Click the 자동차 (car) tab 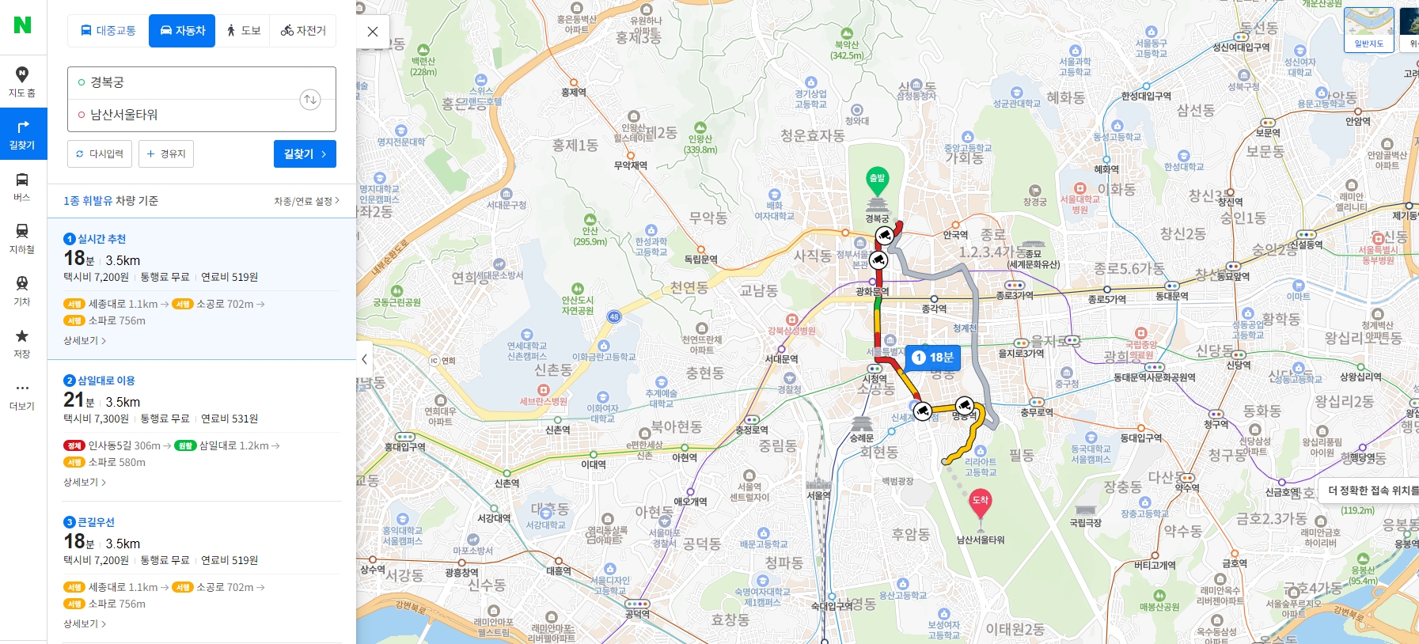click(x=182, y=31)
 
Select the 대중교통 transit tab click(x=108, y=31)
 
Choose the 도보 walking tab click(x=243, y=31)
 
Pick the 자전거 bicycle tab click(x=303, y=31)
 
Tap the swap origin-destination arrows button click(x=310, y=99)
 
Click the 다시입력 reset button click(x=100, y=153)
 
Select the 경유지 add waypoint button click(x=166, y=153)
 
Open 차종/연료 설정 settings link click(x=306, y=201)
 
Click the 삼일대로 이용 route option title click(x=106, y=381)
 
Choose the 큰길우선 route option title click(x=96, y=522)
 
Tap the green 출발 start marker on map click(x=877, y=180)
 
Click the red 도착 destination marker click(x=980, y=502)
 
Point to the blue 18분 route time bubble click(x=933, y=358)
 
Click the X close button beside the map click(x=373, y=32)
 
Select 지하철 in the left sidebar click(x=22, y=237)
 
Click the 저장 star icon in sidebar click(x=22, y=336)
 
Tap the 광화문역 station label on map click(x=872, y=291)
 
